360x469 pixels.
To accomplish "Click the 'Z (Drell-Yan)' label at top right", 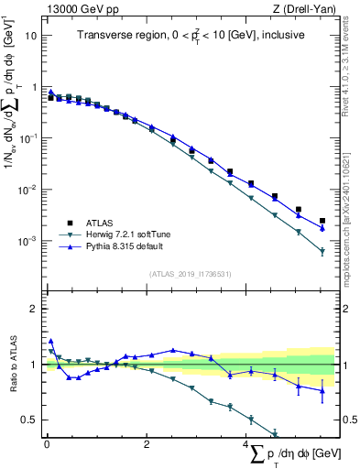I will click(x=302, y=8).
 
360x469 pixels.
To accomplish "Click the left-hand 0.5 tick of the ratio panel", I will click(x=33, y=420).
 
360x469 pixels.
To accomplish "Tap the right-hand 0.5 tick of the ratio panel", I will click(x=347, y=420).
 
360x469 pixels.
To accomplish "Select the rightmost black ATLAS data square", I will click(x=322, y=221).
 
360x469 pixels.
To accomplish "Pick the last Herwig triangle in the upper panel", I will click(x=322, y=251).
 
